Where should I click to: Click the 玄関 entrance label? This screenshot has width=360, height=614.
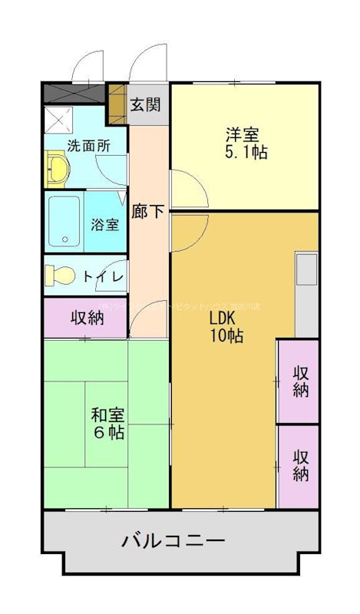[x=145, y=104]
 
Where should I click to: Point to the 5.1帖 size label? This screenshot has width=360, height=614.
[x=246, y=152]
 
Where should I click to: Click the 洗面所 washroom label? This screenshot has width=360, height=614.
[x=88, y=145]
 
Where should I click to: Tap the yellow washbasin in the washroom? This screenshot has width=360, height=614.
[x=56, y=169]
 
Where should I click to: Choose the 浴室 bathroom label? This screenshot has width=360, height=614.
[x=105, y=225]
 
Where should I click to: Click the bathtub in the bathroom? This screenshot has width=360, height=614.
[x=64, y=221]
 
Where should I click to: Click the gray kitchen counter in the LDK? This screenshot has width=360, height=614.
[x=306, y=292]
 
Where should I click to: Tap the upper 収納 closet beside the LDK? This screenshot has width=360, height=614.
[x=299, y=380]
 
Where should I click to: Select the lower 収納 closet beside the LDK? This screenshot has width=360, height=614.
[x=299, y=465]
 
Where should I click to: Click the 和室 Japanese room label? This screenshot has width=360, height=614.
[x=108, y=415]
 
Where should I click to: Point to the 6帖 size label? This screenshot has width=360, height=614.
[x=108, y=433]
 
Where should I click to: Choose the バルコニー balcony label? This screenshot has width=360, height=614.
[x=173, y=541]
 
